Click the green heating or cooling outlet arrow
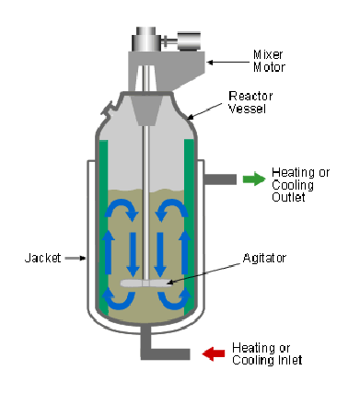[x=252, y=179]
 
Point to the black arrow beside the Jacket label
[x=75, y=259]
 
